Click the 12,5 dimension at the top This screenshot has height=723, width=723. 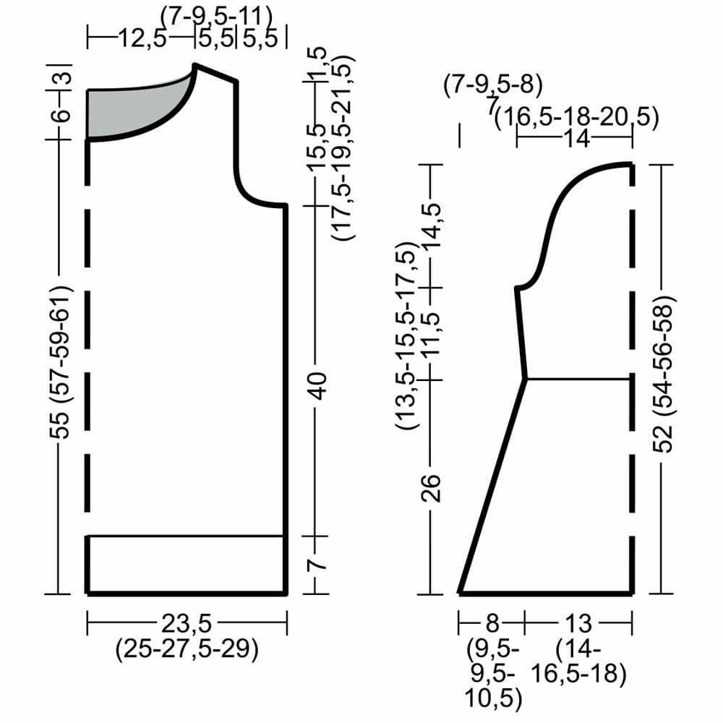142,38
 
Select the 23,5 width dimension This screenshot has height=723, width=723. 187,623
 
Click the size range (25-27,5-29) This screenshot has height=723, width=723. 187,649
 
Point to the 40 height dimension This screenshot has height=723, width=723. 317,385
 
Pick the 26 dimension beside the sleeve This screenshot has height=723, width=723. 432,488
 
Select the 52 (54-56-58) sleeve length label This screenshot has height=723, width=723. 663,374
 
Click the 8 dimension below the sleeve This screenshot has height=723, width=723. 492,623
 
